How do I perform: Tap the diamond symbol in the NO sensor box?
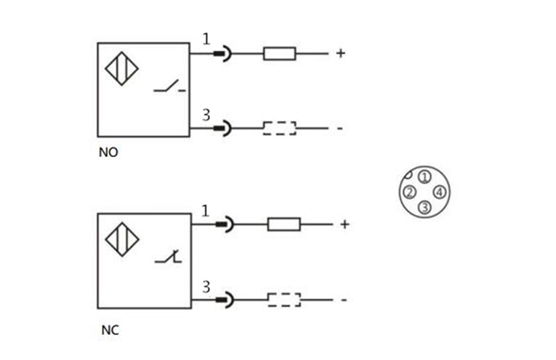122,69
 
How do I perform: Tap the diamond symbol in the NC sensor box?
122,240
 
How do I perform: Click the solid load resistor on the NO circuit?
279,54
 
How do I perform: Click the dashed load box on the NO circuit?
279,128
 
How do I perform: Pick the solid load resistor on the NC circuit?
283,224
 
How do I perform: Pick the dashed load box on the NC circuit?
283,298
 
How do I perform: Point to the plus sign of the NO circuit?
340,54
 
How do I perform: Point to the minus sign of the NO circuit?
340,128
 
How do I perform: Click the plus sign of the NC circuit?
344,224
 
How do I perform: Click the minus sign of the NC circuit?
344,299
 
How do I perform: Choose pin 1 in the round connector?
423,176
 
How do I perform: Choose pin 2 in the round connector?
408,192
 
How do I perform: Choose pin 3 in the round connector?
423,207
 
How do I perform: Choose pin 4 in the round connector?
439,192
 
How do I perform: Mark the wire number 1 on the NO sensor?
206,39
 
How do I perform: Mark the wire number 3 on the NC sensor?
206,286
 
